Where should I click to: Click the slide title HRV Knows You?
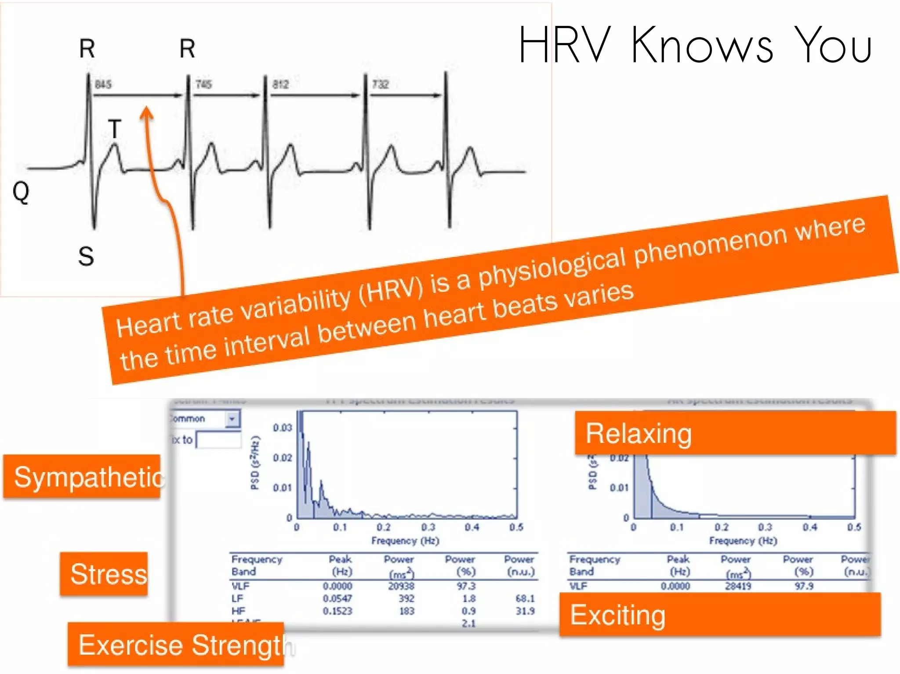pos(695,45)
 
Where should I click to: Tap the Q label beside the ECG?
pos(21,192)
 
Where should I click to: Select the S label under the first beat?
pos(86,256)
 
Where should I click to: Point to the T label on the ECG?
pos(114,129)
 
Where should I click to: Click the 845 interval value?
pos(103,84)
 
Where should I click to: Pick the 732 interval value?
pos(381,84)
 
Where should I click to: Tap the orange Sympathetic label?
pos(83,477)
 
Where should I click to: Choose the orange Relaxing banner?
pos(735,433)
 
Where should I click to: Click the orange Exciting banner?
pos(719,615)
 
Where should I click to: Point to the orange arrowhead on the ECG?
pos(147,113)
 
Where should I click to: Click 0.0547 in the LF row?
pos(337,598)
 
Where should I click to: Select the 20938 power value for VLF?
pos(401,586)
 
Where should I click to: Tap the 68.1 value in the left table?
pos(525,598)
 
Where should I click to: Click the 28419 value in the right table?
pos(738,586)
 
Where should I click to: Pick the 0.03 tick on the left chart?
pos(282,428)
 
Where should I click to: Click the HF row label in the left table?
pos(238,611)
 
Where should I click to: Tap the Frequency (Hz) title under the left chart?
pos(405,541)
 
